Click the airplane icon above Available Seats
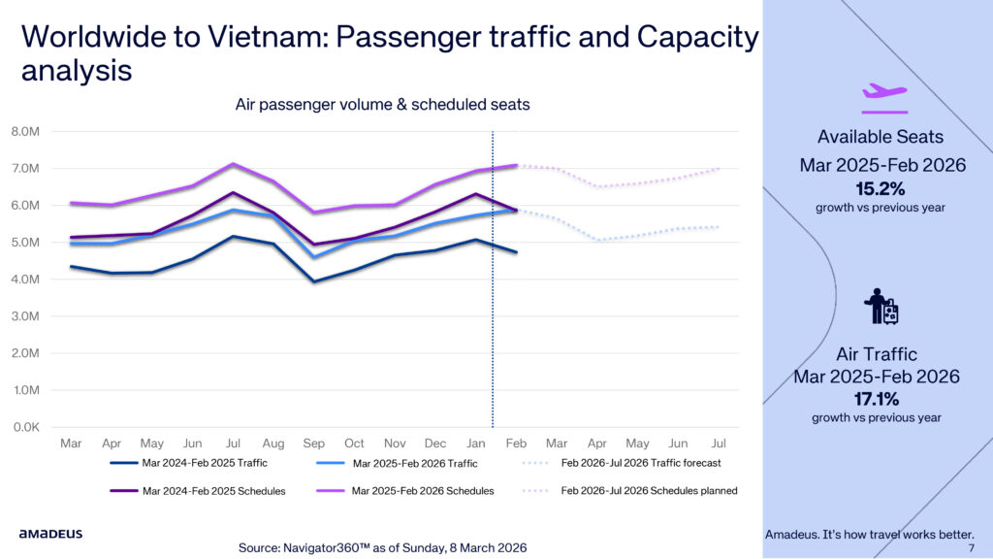(x=883, y=91)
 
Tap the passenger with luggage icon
(x=881, y=308)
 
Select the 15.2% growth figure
(x=880, y=187)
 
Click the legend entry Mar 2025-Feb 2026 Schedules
(x=423, y=491)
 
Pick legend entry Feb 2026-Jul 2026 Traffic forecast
(x=641, y=464)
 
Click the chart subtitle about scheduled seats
(x=382, y=105)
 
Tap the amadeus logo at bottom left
(x=50, y=534)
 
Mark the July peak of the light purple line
(x=232, y=164)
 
